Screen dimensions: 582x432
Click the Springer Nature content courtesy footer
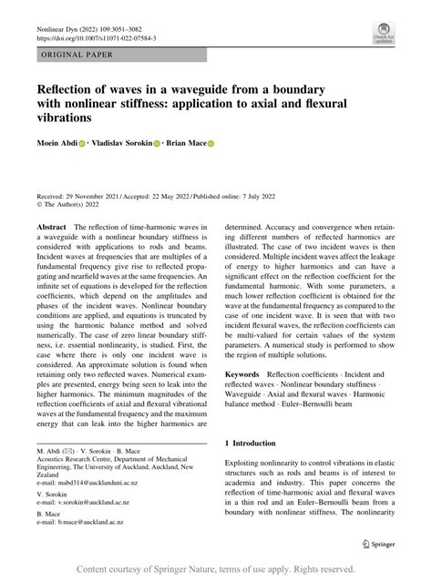(216, 568)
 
